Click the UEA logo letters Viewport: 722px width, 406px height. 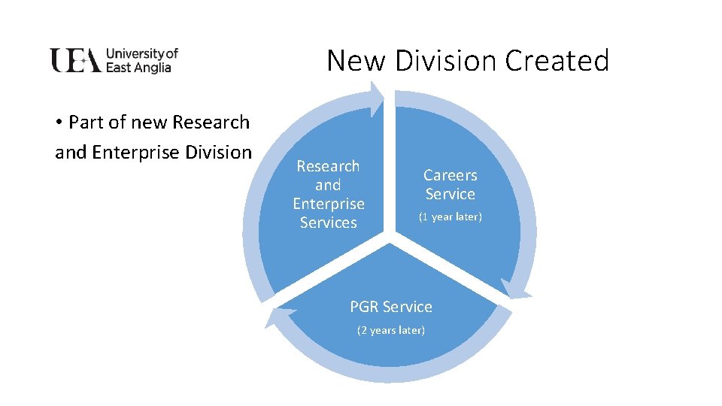[75, 60]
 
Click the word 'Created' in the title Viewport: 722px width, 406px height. [557, 60]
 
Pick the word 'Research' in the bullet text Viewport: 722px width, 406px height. [211, 122]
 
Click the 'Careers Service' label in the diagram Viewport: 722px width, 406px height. [450, 184]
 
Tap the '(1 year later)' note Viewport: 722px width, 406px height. [450, 217]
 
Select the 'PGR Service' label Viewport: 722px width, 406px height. [391, 307]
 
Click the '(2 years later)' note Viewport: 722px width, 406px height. [391, 330]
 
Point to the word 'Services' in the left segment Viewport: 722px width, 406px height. [329, 223]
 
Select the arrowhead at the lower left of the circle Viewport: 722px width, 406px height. [272, 316]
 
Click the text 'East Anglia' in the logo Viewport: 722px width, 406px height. [138, 68]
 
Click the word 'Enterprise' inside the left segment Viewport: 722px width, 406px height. [329, 204]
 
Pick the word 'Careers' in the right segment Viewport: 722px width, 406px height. [450, 175]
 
